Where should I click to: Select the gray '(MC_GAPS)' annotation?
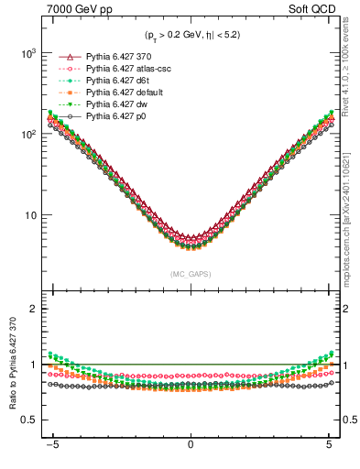tap(190, 274)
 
